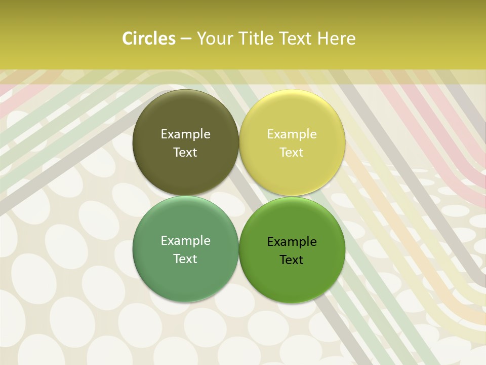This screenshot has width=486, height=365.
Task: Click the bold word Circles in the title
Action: (149, 39)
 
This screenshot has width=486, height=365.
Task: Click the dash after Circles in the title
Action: (186, 39)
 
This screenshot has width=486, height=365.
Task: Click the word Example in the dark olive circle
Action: (185, 134)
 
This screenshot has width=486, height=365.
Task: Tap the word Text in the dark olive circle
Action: (185, 153)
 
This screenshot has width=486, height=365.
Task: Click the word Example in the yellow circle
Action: (292, 134)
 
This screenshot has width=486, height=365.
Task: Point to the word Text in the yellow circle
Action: (292, 153)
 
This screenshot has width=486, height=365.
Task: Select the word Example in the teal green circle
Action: (185, 241)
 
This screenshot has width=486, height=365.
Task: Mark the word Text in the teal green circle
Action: (185, 259)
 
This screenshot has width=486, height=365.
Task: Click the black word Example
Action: (292, 242)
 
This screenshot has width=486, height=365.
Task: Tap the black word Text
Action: (292, 260)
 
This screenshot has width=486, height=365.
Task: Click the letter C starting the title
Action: (128, 39)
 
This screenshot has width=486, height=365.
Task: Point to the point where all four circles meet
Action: (239, 196)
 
